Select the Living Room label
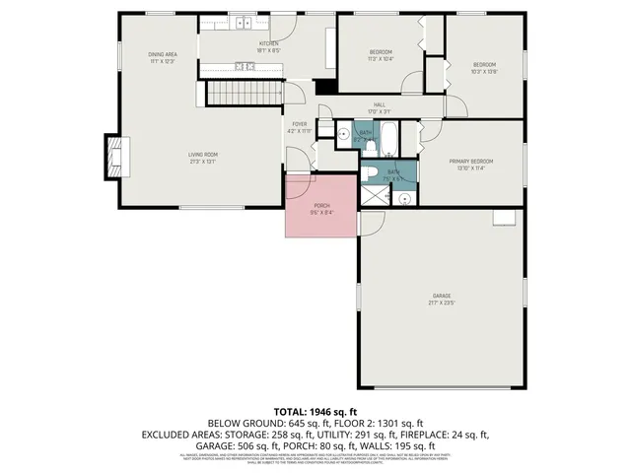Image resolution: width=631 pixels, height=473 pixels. tap(203, 159)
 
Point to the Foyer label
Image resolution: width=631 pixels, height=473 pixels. tap(299, 127)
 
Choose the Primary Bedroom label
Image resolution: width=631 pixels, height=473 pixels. tap(470, 165)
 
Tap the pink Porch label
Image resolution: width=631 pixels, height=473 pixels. tap(321, 208)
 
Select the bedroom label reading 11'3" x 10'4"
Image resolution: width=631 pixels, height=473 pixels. tap(382, 55)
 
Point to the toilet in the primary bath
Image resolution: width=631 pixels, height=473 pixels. tap(368, 173)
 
